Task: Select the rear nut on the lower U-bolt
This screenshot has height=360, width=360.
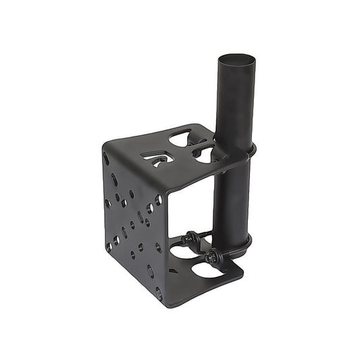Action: tap(191, 237)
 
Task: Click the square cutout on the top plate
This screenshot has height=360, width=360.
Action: tap(157, 158)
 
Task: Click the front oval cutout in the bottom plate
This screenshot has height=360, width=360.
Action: tap(209, 270)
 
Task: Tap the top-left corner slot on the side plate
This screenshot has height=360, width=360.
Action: tap(106, 159)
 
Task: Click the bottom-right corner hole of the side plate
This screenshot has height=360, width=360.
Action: tap(159, 294)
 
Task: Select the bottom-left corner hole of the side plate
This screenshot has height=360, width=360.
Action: tap(108, 247)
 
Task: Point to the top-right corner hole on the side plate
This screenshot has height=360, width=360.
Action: tap(159, 200)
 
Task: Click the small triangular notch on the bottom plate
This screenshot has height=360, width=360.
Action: tap(174, 271)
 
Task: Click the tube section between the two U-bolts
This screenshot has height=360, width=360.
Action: tap(232, 196)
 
